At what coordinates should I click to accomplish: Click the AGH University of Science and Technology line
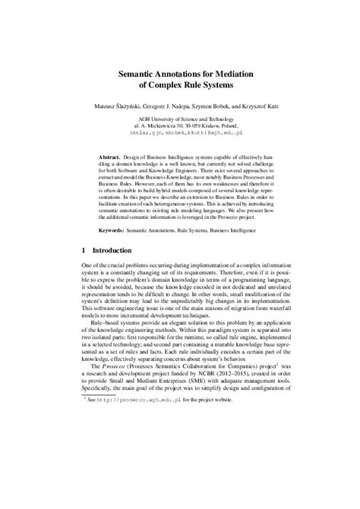click(x=180, y=121)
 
